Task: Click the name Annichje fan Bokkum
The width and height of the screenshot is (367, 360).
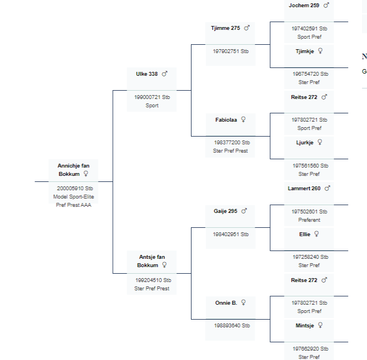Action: [73, 169]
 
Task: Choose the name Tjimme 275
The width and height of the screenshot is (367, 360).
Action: [225, 28]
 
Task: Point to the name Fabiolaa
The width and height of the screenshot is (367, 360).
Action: [226, 119]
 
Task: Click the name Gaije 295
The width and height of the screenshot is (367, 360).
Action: [225, 211]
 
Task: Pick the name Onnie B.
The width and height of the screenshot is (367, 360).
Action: [226, 302]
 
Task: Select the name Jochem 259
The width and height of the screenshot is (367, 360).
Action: [304, 5]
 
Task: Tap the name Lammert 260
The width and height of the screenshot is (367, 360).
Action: [304, 189]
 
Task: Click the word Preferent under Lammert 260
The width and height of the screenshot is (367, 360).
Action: [309, 220]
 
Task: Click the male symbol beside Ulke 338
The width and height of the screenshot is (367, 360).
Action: [164, 74]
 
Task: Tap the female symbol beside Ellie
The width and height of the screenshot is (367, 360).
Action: [317, 233]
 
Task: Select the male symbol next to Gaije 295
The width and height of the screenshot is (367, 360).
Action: [244, 211]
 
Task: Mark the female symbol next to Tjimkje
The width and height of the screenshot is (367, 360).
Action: [320, 50]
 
